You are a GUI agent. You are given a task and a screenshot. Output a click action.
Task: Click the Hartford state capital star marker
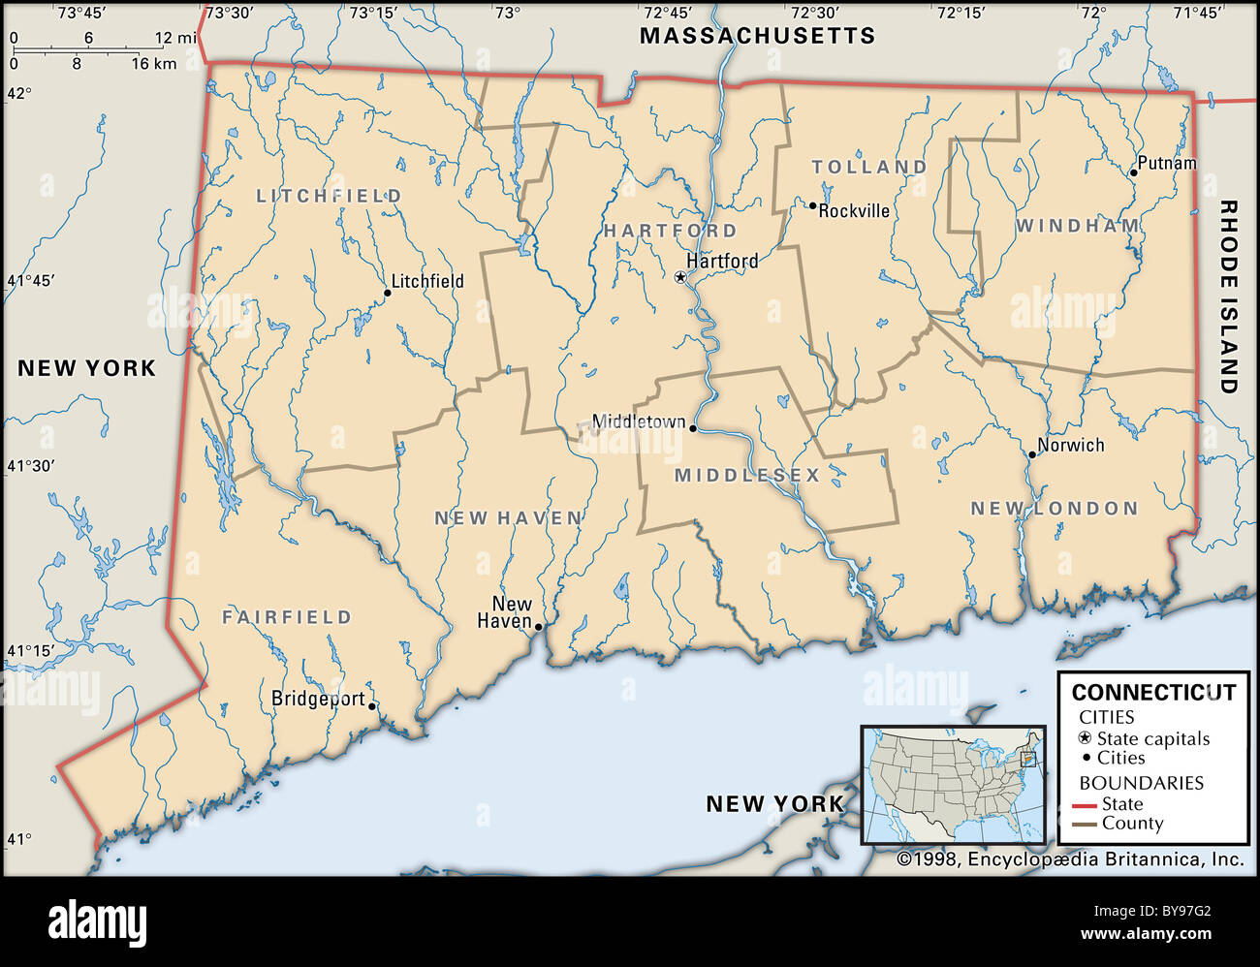[680, 277]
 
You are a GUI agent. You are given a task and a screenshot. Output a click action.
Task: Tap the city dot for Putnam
[1133, 172]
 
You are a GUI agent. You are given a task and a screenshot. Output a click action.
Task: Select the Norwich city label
[1070, 446]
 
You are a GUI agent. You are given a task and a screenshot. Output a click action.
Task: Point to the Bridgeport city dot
[372, 706]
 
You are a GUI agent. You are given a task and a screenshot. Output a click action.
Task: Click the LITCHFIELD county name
[329, 196]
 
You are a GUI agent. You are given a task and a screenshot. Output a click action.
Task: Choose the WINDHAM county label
[1078, 226]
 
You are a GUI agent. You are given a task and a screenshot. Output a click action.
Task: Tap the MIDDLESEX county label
[747, 475]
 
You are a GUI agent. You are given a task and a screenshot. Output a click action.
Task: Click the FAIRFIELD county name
[287, 616]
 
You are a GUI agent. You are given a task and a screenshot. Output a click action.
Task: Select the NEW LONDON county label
[1055, 508]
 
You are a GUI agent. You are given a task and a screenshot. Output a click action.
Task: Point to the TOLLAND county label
[869, 167]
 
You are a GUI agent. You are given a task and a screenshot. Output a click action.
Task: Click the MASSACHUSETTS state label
[757, 36]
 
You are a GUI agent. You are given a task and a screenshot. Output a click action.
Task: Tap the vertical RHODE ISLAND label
[1229, 296]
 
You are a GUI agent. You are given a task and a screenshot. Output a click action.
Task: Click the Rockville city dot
[812, 205]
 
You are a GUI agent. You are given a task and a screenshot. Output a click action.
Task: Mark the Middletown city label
[638, 422]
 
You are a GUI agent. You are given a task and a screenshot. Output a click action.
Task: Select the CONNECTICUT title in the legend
[1153, 692]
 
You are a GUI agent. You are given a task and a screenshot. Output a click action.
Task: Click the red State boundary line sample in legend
[1085, 805]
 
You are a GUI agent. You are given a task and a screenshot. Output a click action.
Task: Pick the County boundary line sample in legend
[1085, 825]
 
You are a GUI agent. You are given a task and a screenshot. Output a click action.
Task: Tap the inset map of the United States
[953, 786]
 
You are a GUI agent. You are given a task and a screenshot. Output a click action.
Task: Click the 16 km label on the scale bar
[153, 64]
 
